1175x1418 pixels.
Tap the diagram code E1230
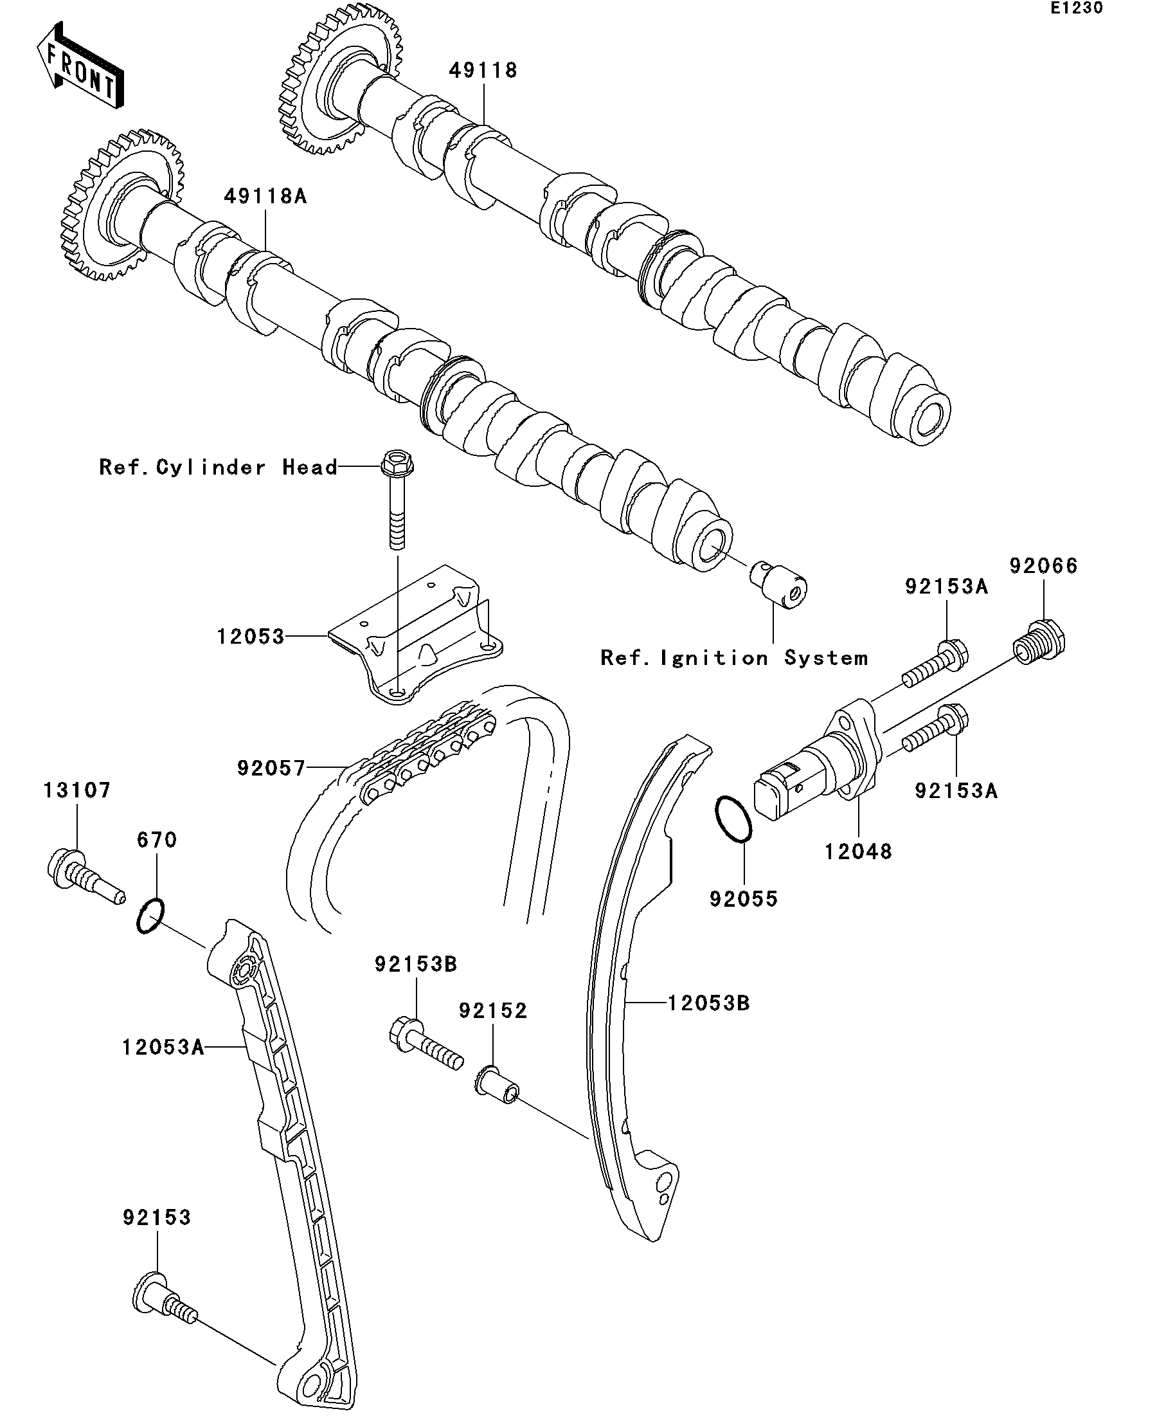[1076, 8]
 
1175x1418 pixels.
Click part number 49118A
[265, 197]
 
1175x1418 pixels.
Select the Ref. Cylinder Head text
[218, 468]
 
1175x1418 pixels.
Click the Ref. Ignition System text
[734, 658]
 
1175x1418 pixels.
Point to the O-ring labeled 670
[150, 916]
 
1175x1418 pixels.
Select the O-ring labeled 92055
[733, 819]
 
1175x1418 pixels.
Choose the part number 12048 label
[858, 852]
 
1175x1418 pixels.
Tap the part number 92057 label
[271, 768]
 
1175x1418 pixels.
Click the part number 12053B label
[708, 1003]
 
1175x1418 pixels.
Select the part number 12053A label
[163, 1048]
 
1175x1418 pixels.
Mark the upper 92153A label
[946, 586]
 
